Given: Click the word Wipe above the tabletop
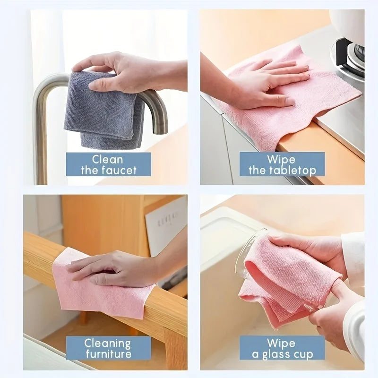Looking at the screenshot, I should [x=281, y=159].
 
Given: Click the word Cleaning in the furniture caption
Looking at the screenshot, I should [x=108, y=343].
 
